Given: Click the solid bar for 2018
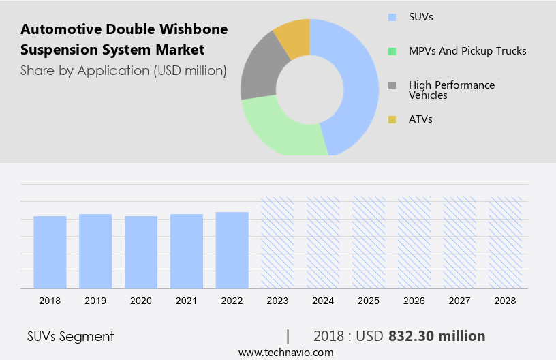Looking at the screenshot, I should (x=50, y=252).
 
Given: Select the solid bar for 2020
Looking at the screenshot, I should (x=141, y=252).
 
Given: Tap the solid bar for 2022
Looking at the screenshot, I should (x=232, y=250).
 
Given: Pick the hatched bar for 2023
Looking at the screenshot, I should (x=278, y=243).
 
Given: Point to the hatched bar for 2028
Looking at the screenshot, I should (x=506, y=243).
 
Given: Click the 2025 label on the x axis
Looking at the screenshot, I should (x=369, y=300).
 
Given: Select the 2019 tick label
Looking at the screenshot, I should (x=95, y=300).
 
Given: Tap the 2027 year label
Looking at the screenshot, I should (x=460, y=300).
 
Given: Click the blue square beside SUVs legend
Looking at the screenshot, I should (x=392, y=17).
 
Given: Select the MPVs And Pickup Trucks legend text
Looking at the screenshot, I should (x=467, y=51).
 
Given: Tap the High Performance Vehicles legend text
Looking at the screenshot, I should (x=452, y=90).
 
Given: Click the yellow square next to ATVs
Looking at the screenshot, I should (x=392, y=120).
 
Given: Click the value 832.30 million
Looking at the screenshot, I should (x=437, y=336).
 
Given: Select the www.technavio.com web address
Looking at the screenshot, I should (x=285, y=352).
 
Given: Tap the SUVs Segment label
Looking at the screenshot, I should (x=70, y=336).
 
